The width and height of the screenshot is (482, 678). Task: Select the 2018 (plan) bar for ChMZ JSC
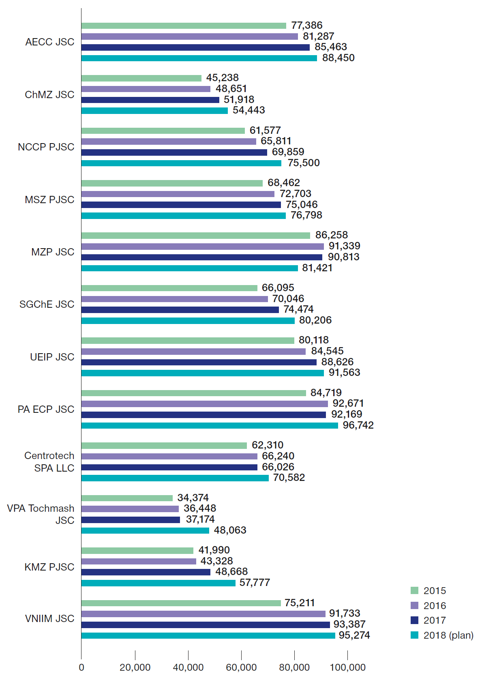pos(154,111)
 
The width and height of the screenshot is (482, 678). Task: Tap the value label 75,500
pos(304,163)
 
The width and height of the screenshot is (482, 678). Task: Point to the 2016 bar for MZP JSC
pos(202,247)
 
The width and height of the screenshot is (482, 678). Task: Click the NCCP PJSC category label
pos(46,147)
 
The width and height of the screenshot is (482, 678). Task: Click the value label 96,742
pos(358,425)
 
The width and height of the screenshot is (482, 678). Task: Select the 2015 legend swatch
pos(414,590)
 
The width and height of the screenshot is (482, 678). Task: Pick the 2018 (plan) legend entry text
pos(448,635)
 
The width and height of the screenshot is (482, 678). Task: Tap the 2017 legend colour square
pos(414,620)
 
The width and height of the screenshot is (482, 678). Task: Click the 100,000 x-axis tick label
pos(347,667)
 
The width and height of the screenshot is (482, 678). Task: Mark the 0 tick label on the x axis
pos(81,667)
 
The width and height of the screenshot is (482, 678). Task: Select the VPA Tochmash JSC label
pos(41,514)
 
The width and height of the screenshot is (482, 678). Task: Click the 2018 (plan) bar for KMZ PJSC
pos(158,583)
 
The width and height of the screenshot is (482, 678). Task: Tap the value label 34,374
pos(193,498)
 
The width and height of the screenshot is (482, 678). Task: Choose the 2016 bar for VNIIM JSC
pos(203,614)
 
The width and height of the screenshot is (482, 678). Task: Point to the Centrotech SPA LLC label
pos(49,462)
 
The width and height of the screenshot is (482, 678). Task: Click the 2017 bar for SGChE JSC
pos(180,310)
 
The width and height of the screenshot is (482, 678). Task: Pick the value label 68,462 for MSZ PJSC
pos(284,183)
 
